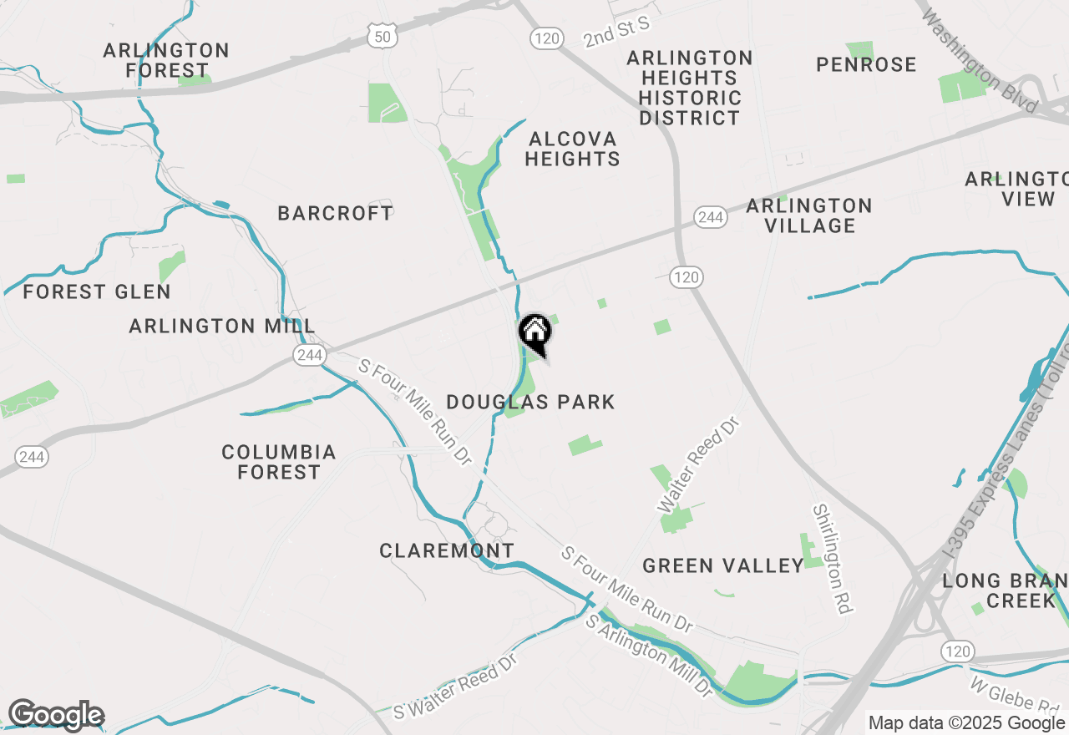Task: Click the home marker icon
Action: click(535, 332)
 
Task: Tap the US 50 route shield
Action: click(381, 36)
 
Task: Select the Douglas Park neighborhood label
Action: click(530, 402)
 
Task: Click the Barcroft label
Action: click(335, 213)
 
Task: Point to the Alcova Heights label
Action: click(572, 149)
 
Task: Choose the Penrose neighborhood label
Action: click(866, 64)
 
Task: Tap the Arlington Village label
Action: click(809, 215)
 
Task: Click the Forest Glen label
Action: click(97, 292)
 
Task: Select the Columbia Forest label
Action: click(279, 462)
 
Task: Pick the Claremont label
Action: click(447, 550)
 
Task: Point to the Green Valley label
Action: click(723, 565)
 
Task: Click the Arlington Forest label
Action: click(166, 60)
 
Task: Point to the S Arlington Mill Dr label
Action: click(649, 656)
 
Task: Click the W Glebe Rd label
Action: click(1015, 698)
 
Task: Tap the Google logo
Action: click(56, 715)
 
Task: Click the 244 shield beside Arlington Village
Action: click(710, 217)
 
